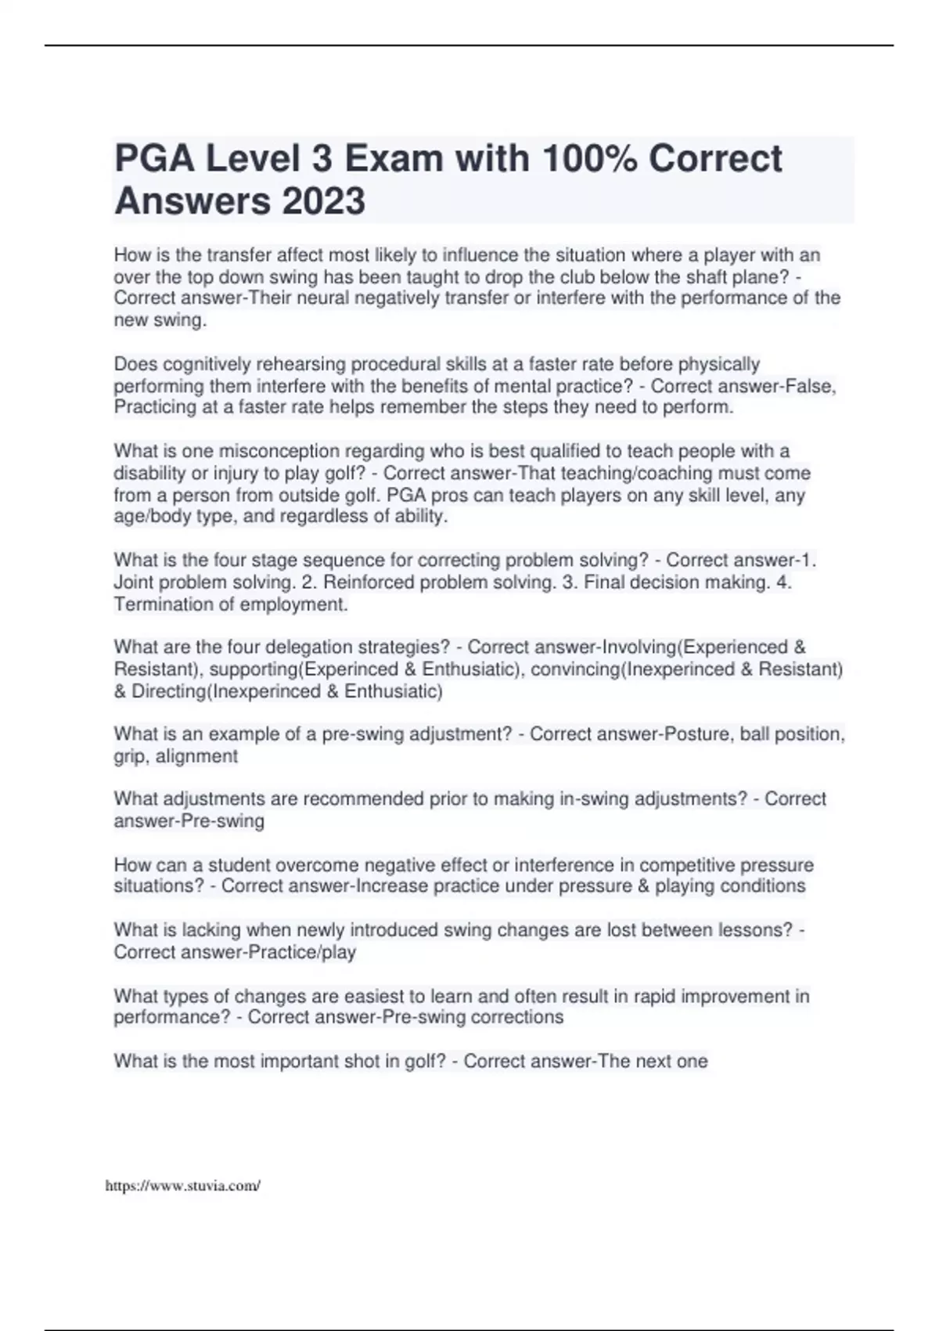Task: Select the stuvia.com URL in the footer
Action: coord(182,1186)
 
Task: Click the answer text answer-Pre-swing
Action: coord(189,821)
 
